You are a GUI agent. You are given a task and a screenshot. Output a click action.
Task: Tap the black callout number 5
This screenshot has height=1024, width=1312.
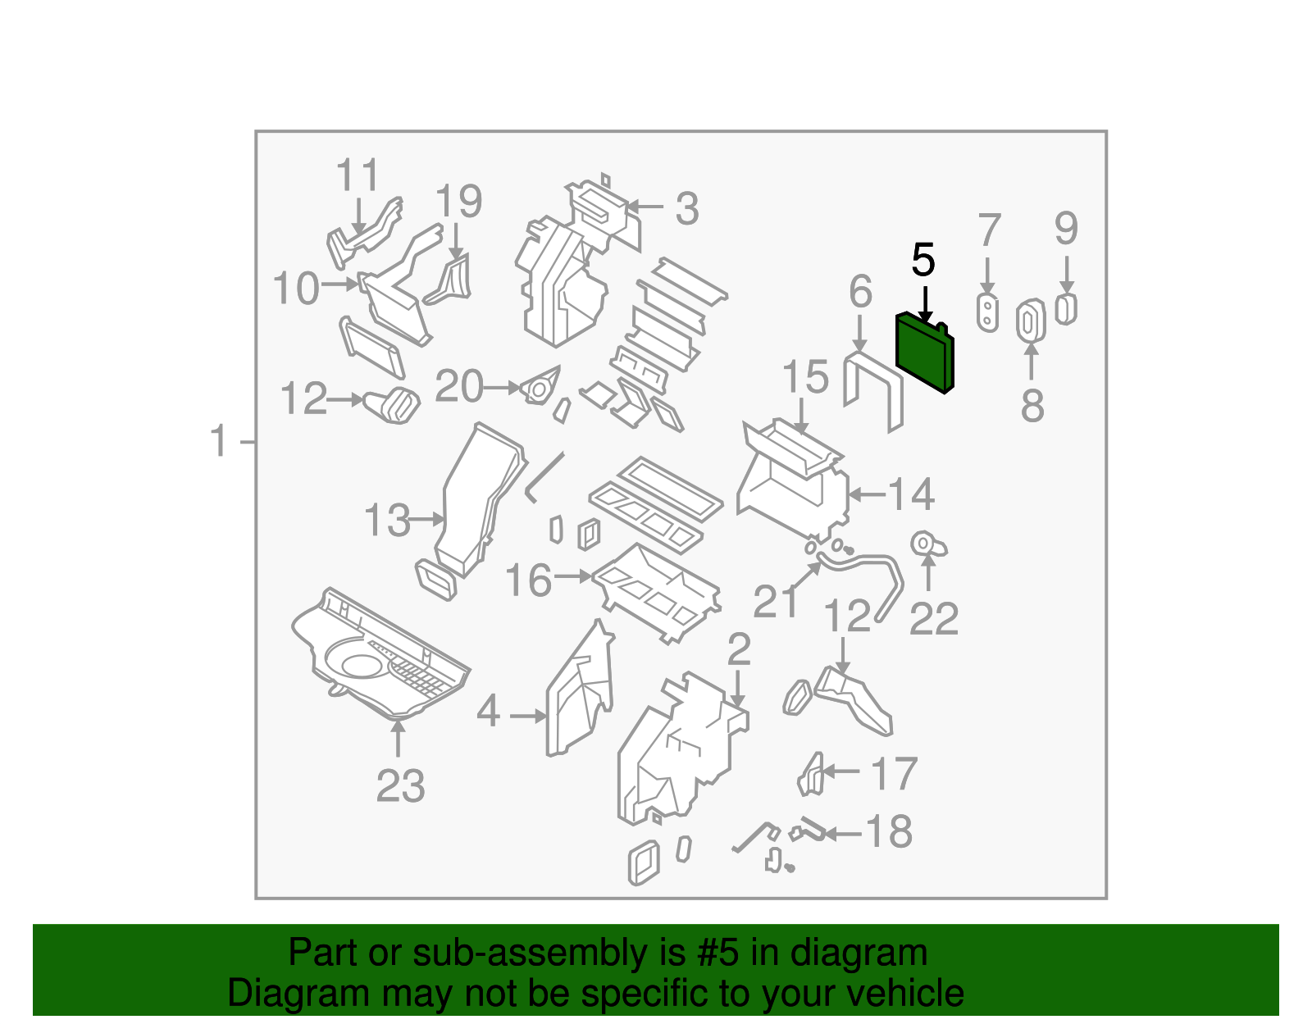point(923,261)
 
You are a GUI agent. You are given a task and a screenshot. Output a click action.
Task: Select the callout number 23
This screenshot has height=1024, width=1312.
point(400,786)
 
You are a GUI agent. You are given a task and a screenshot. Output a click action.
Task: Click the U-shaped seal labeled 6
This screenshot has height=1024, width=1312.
point(872,390)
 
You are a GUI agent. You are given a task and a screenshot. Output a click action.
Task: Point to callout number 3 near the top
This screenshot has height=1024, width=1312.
point(687,208)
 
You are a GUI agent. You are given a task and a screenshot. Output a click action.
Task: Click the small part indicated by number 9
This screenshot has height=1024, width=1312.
point(1065,309)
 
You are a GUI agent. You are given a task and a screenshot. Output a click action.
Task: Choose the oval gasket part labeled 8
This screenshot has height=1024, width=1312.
point(1030,321)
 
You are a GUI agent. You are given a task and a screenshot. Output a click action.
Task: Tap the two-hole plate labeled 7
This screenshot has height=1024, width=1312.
point(987,312)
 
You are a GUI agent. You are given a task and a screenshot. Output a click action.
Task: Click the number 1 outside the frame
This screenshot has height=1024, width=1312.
point(217,441)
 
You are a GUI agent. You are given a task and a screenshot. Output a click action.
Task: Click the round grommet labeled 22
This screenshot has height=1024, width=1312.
point(926,544)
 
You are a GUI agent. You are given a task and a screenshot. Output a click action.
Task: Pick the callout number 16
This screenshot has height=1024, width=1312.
point(528,580)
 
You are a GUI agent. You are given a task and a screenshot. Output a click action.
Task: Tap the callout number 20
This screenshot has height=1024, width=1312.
point(459,386)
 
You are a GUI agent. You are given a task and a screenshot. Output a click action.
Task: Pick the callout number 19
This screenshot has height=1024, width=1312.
point(458,202)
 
